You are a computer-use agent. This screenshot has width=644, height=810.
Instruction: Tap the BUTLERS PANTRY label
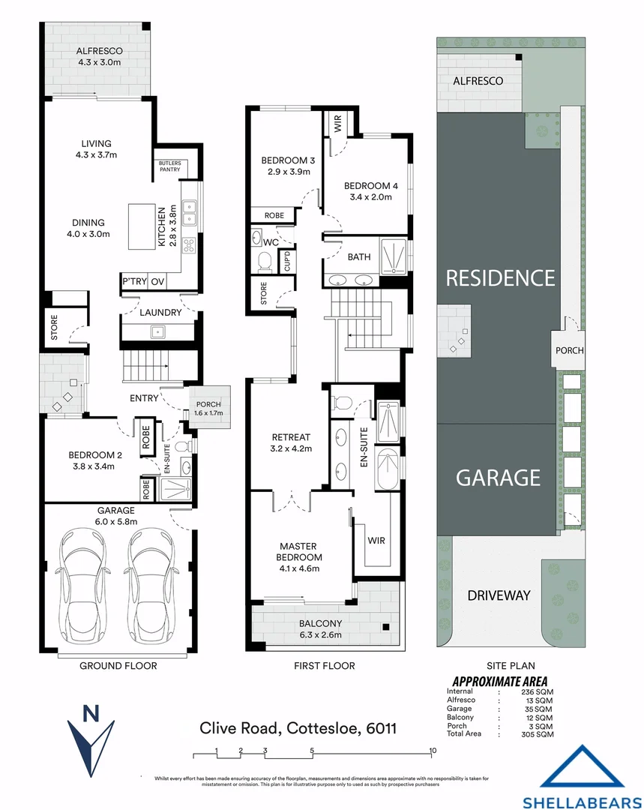[x=169, y=166]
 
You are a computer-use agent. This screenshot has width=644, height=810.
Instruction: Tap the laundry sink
[x=159, y=331]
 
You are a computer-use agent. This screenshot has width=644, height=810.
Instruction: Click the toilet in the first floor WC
[x=263, y=260]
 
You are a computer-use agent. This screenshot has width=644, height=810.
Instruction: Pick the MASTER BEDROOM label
[x=300, y=551]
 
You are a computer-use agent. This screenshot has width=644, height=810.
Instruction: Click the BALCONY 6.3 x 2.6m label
[x=320, y=628]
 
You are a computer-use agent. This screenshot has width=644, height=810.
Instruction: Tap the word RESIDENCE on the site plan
[x=500, y=278]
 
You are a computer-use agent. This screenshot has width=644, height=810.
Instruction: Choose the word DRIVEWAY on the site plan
[x=499, y=595]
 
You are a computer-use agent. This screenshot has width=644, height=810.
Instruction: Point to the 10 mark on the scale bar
[x=433, y=751]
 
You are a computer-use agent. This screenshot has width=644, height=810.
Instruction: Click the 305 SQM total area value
[x=538, y=735]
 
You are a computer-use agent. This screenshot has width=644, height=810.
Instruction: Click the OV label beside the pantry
[x=157, y=281]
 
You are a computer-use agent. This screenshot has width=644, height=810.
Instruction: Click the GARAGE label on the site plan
[x=499, y=477]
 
